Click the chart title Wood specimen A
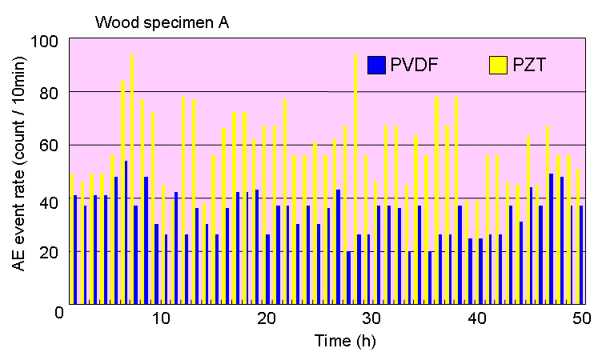click(x=163, y=22)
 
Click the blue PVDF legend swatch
click(x=375, y=65)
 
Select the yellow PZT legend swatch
click(x=499, y=65)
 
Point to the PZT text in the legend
click(x=530, y=65)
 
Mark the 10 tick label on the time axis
click(x=161, y=319)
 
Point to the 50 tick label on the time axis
click(x=582, y=319)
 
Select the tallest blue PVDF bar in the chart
click(x=126, y=232)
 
